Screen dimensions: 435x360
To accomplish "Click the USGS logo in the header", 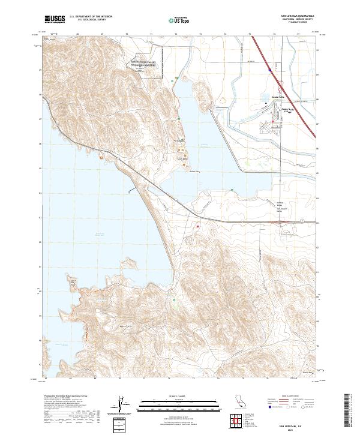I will click(x=54, y=20).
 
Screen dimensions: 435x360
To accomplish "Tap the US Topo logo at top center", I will click(x=181, y=20).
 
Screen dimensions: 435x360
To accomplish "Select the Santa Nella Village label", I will click(x=285, y=110).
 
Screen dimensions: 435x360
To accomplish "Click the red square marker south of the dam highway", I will click(x=197, y=226).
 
